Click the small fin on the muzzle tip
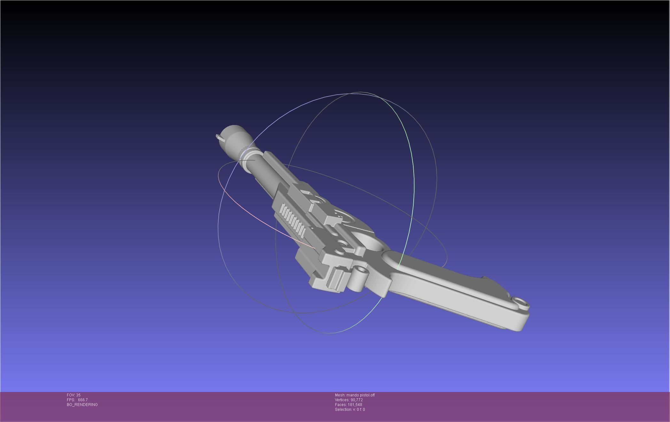click(x=219, y=137)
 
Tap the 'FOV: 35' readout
click(x=74, y=395)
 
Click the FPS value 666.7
click(x=82, y=400)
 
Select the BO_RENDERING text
click(x=82, y=405)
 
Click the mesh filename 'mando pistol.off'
click(x=360, y=395)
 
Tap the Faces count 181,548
click(x=354, y=405)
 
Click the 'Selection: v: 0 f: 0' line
click(x=350, y=410)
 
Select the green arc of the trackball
click(x=411, y=205)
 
